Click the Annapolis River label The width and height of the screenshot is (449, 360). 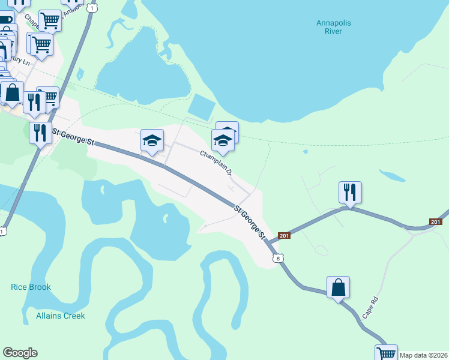pyautogui.click(x=330, y=27)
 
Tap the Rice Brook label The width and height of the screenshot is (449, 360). pyautogui.click(x=31, y=287)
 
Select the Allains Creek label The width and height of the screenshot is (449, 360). pyautogui.click(x=61, y=316)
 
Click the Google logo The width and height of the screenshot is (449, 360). pyautogui.click(x=20, y=353)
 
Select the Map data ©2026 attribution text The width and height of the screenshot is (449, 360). pyautogui.click(x=423, y=355)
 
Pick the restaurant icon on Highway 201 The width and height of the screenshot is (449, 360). pyautogui.click(x=350, y=192)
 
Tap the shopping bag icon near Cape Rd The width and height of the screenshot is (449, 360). pyautogui.click(x=339, y=287)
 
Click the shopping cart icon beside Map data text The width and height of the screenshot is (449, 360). pyautogui.click(x=386, y=353)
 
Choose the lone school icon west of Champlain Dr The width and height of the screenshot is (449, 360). pyautogui.click(x=152, y=141)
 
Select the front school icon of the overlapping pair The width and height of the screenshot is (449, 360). pyautogui.click(x=223, y=141)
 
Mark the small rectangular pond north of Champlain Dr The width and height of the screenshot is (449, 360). pyautogui.click(x=201, y=107)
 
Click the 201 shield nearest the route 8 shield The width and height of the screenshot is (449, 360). pyautogui.click(x=285, y=236)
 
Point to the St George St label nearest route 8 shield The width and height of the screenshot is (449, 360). pyautogui.click(x=249, y=221)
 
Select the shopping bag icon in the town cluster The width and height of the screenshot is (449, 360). pyautogui.click(x=12, y=92)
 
